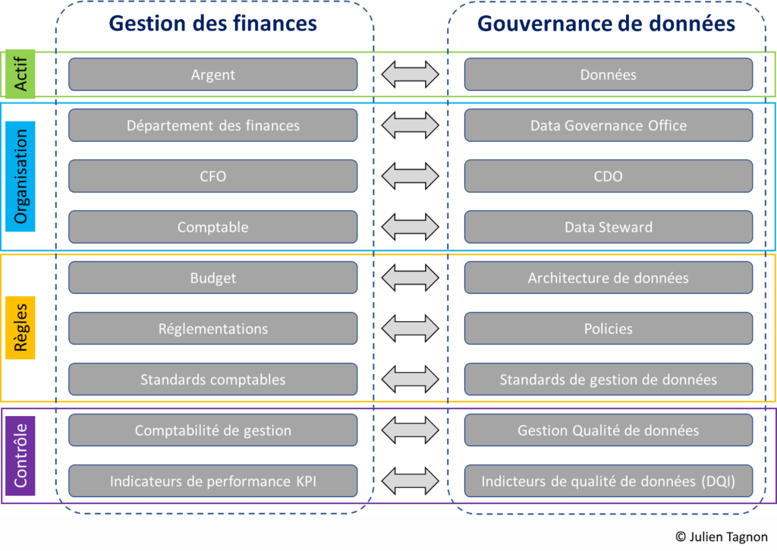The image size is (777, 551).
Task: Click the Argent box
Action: coord(212,74)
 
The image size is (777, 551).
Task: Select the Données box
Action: coord(608,74)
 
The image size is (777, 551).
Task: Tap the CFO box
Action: coord(212,176)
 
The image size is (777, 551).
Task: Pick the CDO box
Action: coord(608,176)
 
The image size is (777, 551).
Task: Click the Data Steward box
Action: coord(608,227)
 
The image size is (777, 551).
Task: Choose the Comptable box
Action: coord(212,227)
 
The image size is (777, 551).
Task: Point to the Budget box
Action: coord(212,278)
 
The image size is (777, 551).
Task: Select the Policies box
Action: coord(608,329)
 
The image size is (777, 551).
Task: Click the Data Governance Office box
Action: coord(608,125)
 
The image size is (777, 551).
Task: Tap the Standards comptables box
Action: coord(212,379)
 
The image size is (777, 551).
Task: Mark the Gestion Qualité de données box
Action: coord(608,430)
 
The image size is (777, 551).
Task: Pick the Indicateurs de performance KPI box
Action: coord(212,481)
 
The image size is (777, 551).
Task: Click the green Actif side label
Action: coord(20,74)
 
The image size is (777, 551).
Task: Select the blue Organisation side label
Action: coord(20,176)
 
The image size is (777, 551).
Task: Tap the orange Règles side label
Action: coord(20,328)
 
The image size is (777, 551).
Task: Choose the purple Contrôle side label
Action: coord(20,455)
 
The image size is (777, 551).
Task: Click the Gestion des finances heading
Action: coord(212,24)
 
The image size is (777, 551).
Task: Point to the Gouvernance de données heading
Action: coord(606,24)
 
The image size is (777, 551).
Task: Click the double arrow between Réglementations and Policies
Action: coord(410,329)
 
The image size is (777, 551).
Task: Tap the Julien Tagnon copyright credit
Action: coord(721,537)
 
